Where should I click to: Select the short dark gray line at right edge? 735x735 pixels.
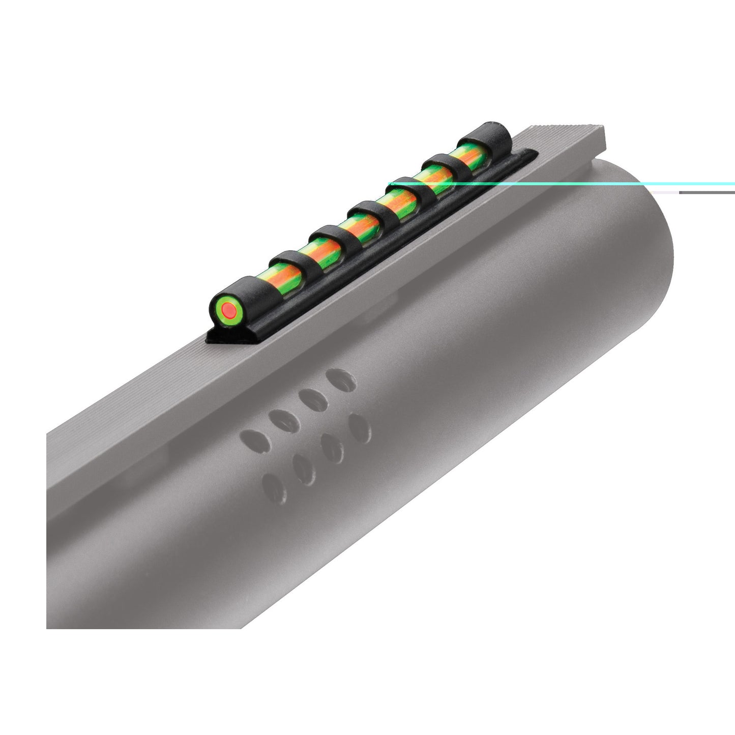coord(707,193)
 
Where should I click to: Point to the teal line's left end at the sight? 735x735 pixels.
coord(391,183)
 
